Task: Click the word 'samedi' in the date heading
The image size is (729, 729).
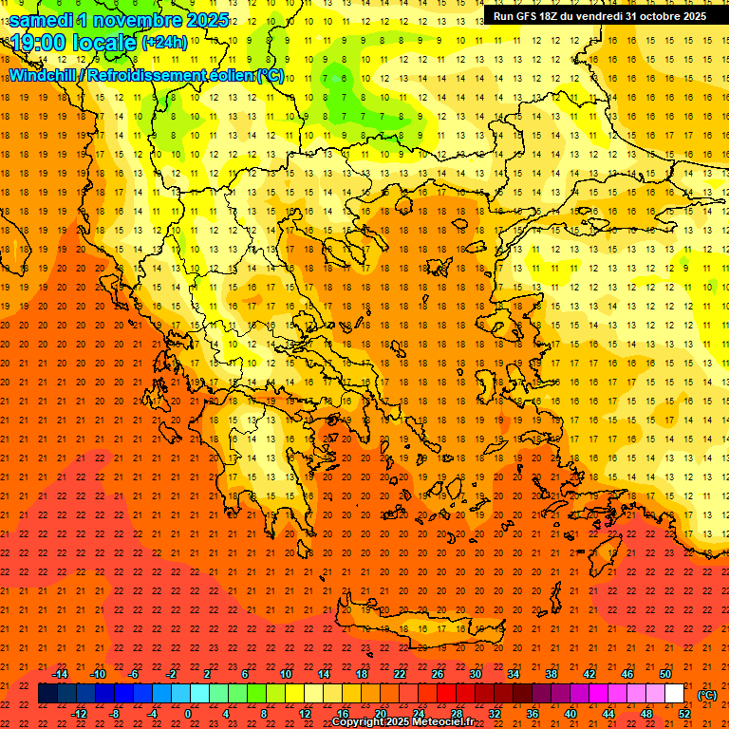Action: coord(42,20)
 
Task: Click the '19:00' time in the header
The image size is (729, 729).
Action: coord(37,43)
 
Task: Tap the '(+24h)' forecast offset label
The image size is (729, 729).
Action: coord(163,43)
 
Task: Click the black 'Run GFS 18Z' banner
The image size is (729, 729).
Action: coord(600,16)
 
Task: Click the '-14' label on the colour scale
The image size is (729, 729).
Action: coord(60,674)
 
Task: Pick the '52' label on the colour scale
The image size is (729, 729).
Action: coord(685,713)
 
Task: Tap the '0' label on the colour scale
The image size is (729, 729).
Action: coord(188,713)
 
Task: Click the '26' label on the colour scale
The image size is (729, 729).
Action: coord(438,674)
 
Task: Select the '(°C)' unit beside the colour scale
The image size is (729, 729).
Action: coord(707,695)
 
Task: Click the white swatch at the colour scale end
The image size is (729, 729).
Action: coord(675,694)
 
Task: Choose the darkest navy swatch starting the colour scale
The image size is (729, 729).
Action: coord(48,694)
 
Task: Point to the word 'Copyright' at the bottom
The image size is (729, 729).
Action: coord(359,722)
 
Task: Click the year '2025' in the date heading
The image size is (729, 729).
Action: coord(204,20)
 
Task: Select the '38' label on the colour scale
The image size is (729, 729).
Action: coord(551,674)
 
